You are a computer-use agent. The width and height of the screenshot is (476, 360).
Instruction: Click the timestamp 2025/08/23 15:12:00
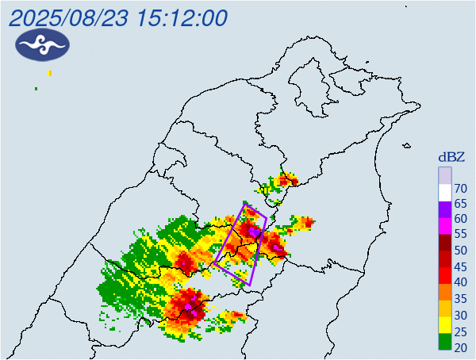tap(118, 17)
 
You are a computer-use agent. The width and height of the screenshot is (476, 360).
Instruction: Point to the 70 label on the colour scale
tap(461, 188)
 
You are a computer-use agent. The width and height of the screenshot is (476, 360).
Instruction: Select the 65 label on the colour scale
tap(461, 204)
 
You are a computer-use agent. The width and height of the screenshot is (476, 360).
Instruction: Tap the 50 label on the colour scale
tap(461, 251)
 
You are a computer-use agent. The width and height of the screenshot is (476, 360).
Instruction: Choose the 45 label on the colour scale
tap(461, 266)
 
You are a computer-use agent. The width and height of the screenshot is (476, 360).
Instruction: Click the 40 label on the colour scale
tap(461, 282)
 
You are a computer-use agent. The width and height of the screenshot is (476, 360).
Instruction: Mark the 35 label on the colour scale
tap(461, 298)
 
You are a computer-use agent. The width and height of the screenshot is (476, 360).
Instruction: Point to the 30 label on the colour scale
tap(461, 316)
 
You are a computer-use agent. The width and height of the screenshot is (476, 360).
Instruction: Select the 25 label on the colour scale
tap(461, 331)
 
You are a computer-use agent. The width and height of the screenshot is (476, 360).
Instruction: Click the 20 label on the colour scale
tap(461, 347)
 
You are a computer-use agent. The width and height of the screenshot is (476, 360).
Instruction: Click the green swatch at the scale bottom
tap(445, 343)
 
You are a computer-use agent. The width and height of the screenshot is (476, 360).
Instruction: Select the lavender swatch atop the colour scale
tap(445, 174)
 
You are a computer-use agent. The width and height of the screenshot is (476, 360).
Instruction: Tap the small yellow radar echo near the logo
tap(50, 74)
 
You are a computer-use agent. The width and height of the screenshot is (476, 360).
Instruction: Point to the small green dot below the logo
tap(36, 88)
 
